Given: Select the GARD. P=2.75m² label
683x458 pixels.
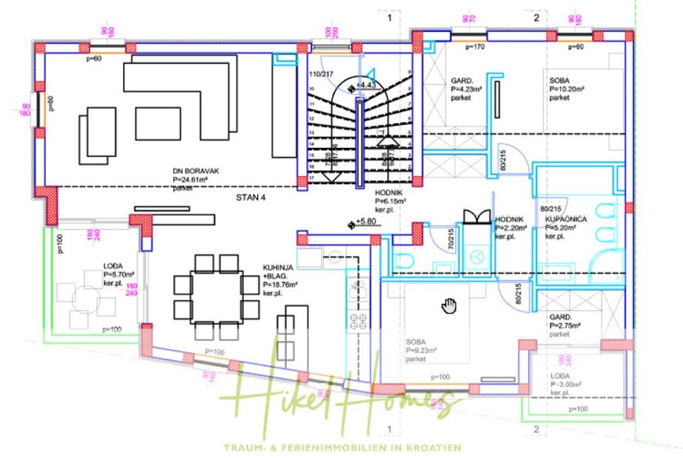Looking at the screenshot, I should (565, 325).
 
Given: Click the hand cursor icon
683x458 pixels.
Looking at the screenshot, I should (449, 305).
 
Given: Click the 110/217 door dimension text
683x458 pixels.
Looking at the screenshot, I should (321, 74).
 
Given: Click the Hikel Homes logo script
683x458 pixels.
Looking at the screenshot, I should (341, 398).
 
